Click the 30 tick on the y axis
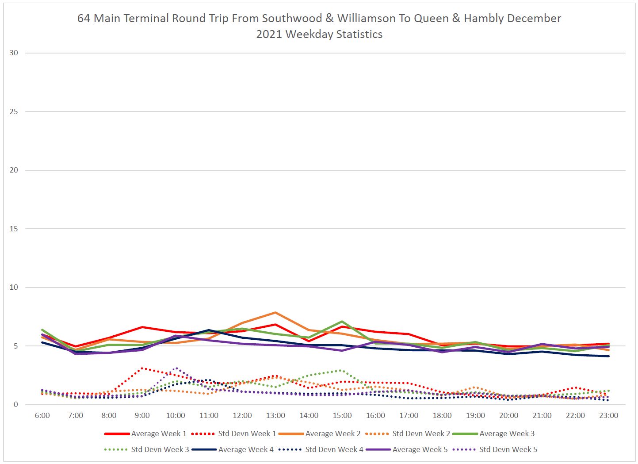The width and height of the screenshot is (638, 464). pyautogui.click(x=14, y=53)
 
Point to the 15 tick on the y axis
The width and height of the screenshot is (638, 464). pyautogui.click(x=14, y=229)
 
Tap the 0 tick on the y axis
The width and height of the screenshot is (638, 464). pyautogui.click(x=16, y=404)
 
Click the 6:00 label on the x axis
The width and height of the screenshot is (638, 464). pyautogui.click(x=42, y=415)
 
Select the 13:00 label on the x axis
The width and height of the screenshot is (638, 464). pyautogui.click(x=275, y=415)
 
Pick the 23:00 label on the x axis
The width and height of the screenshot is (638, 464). pyautogui.click(x=608, y=415)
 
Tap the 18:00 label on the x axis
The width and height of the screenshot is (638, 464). pyautogui.click(x=442, y=415)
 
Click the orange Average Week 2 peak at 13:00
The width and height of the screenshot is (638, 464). pyautogui.click(x=275, y=313)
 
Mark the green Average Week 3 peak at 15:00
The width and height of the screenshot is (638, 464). pyautogui.click(x=342, y=322)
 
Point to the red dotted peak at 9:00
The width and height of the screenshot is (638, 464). pyautogui.click(x=142, y=368)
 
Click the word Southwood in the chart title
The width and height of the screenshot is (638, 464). pyautogui.click(x=292, y=19)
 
